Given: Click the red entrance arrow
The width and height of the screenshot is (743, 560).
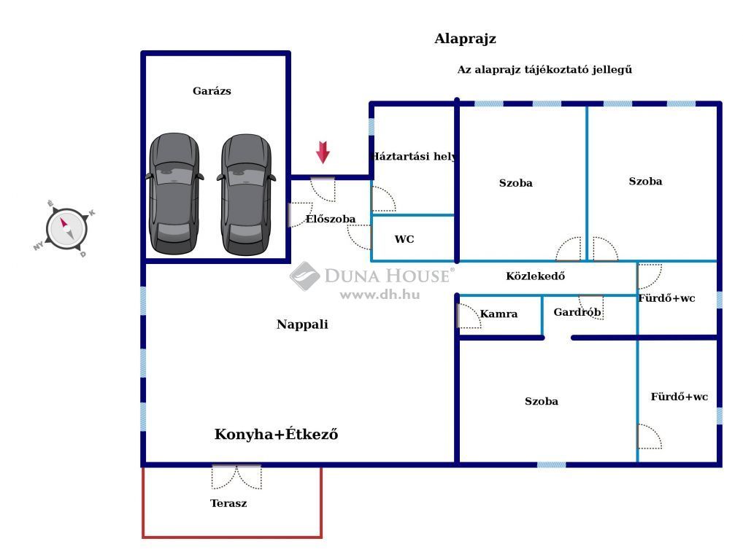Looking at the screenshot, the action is (x=323, y=152).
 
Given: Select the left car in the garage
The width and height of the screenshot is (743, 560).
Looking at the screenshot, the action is (x=174, y=193).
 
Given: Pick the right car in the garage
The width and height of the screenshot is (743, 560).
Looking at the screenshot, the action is (x=247, y=194).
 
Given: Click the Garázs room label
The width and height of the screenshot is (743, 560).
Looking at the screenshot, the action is (x=212, y=91).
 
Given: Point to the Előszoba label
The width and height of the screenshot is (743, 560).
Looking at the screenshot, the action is (x=331, y=219).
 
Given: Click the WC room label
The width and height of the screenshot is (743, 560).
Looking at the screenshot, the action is (x=404, y=239).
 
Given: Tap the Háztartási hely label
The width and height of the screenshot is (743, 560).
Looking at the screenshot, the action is (x=414, y=156).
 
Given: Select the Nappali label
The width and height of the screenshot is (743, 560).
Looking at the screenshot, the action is (x=302, y=324).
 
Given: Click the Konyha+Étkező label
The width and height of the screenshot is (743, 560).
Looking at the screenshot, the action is (x=277, y=434).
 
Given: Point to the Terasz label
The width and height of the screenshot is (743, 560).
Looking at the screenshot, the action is (x=228, y=503).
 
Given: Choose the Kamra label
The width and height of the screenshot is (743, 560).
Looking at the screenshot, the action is (x=498, y=314).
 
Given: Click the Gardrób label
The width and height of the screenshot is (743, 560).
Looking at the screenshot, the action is (x=577, y=312).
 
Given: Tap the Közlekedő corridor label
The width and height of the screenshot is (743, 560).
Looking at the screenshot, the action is (x=536, y=276).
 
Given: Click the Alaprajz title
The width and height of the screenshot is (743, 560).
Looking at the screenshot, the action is (x=466, y=39).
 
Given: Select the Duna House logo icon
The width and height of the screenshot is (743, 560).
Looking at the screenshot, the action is (x=304, y=276).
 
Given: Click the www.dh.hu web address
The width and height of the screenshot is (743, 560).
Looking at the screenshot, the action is (x=380, y=295).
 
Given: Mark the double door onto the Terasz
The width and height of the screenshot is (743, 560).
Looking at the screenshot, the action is (x=236, y=477).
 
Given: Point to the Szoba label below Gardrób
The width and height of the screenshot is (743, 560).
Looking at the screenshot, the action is (x=541, y=402).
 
